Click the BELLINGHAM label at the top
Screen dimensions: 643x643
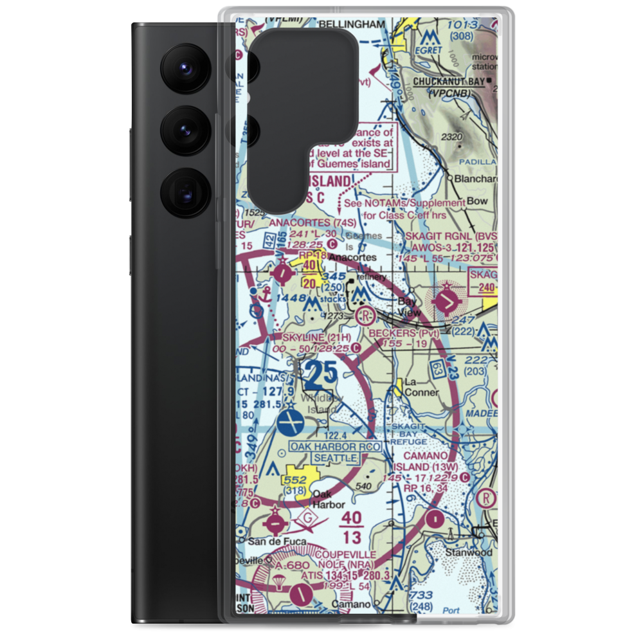pyautogui.click(x=355, y=24)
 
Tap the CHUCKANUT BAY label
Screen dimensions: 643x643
pyautogui.click(x=449, y=82)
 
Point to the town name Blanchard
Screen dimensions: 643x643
pyautogui.click(x=475, y=180)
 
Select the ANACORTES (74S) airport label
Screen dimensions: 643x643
pyautogui.click(x=312, y=222)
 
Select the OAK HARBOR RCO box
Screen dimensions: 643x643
pyautogui.click(x=335, y=446)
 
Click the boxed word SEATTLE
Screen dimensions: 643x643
pyautogui.click(x=336, y=458)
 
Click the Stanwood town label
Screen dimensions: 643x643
pyautogui.click(x=471, y=552)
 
